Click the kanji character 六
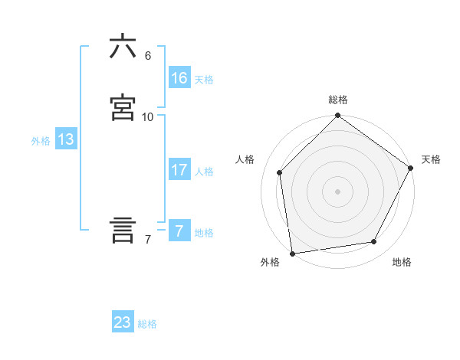click(x=123, y=47)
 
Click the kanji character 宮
click(x=123, y=108)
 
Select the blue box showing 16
click(x=179, y=78)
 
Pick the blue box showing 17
click(x=179, y=170)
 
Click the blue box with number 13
click(x=66, y=139)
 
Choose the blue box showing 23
click(x=123, y=322)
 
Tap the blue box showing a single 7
click(x=179, y=231)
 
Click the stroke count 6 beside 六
click(x=148, y=56)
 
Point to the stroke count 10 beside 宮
click(x=148, y=117)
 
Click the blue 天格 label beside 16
click(x=204, y=80)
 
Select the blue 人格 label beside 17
click(x=204, y=172)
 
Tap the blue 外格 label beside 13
click(x=41, y=141)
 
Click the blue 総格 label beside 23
click(x=147, y=324)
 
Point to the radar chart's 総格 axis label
click(x=338, y=100)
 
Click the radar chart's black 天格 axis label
click(x=431, y=159)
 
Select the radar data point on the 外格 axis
click(x=292, y=253)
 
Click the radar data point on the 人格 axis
click(x=280, y=172)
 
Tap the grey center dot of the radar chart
click(x=337, y=191)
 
